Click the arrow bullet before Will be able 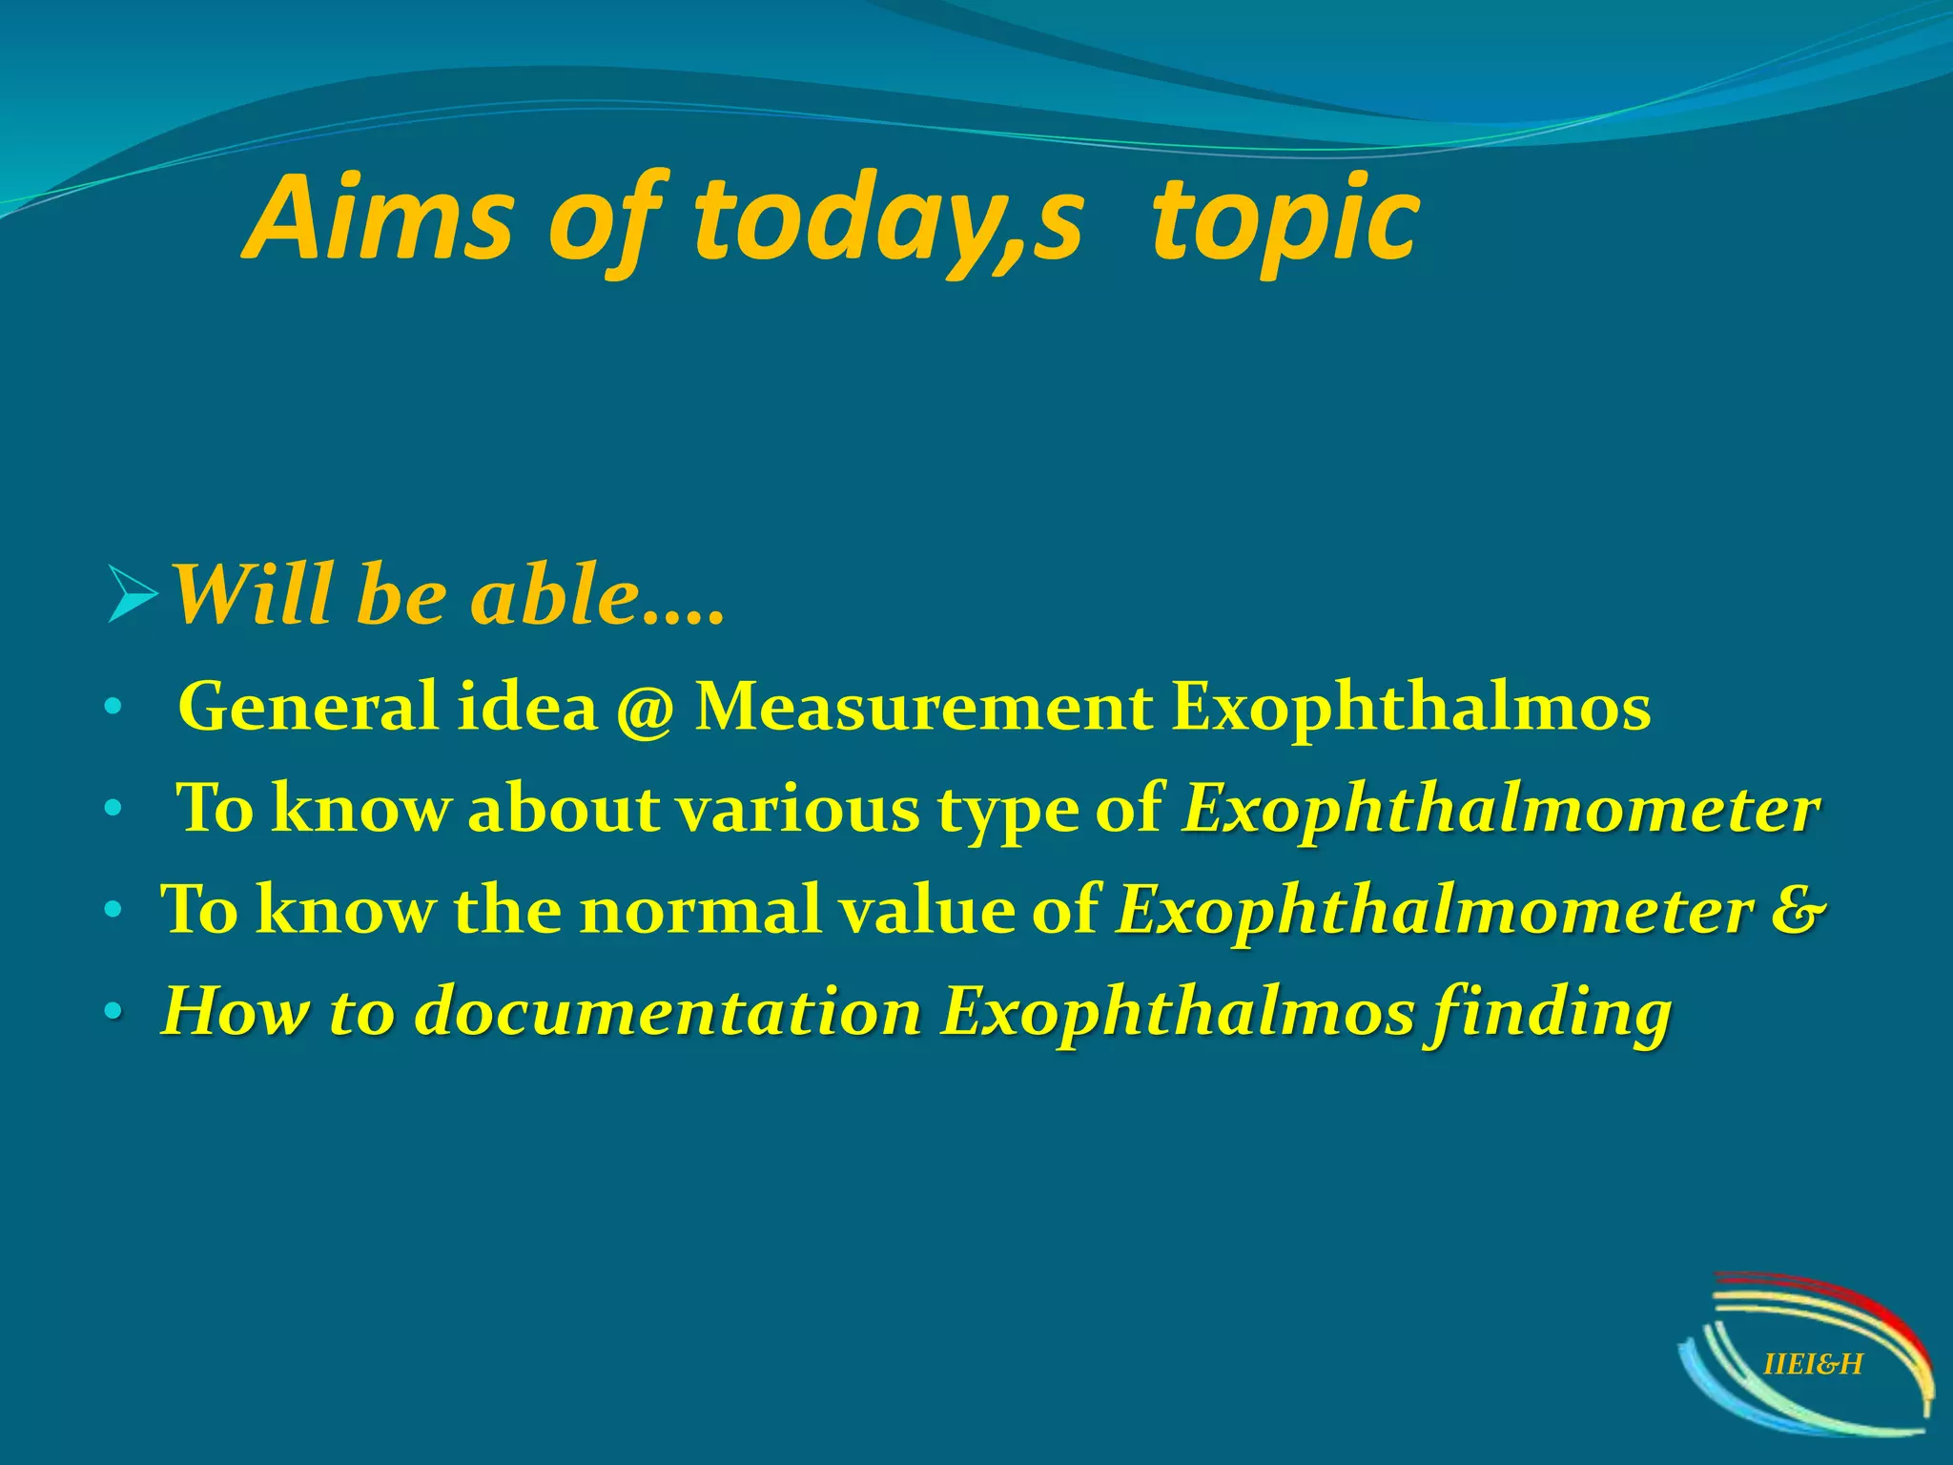[x=132, y=594]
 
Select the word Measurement [x=923, y=708]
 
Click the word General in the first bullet [x=308, y=708]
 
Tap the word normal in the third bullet [x=700, y=910]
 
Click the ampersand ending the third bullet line [x=1798, y=910]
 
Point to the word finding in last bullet [x=1548, y=1014]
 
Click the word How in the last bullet [x=235, y=1012]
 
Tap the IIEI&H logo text [x=1813, y=1365]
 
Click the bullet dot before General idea [x=113, y=709]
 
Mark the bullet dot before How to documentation [x=113, y=1012]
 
